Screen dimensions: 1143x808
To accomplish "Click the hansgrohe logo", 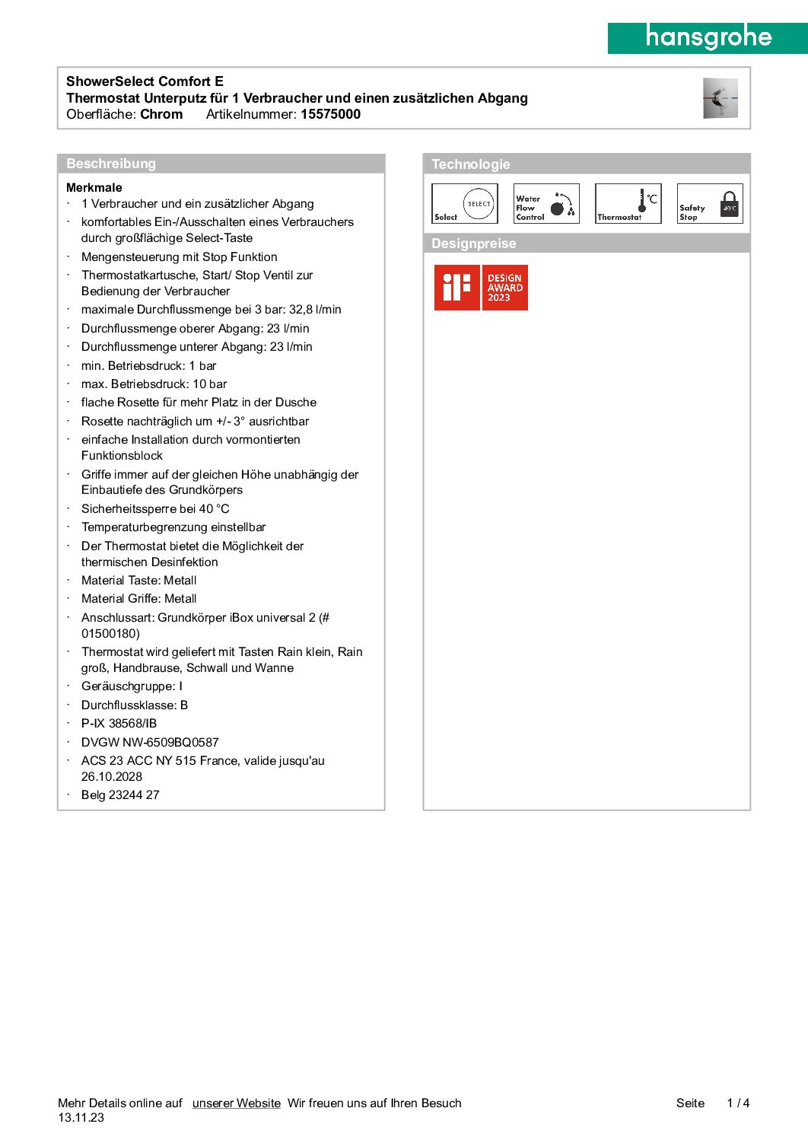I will [x=708, y=37].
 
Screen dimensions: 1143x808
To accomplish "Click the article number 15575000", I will [x=330, y=114].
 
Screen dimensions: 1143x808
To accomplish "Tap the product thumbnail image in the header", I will [x=720, y=98].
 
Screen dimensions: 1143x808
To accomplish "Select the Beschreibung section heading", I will [x=111, y=164].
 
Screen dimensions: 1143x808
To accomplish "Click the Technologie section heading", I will [x=470, y=164].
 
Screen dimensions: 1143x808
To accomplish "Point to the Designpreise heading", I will [x=473, y=244].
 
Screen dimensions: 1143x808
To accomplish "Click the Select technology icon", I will [x=465, y=204].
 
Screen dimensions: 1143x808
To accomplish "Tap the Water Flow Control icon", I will [x=546, y=204].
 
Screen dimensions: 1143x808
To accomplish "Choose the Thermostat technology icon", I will [x=628, y=204].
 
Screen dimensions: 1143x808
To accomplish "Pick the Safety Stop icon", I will [x=710, y=204].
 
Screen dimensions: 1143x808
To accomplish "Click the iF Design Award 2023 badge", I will [x=481, y=288].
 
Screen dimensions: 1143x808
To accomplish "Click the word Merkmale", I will [x=94, y=187].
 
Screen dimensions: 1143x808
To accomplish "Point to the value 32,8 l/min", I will [x=315, y=310].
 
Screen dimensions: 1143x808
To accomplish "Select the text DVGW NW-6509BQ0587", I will [x=150, y=742].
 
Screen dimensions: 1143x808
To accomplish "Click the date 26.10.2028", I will [x=112, y=776].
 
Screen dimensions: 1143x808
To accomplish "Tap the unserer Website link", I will [x=236, y=1103].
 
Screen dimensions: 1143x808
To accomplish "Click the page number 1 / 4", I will [x=738, y=1103].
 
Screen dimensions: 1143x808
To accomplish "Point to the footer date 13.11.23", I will [x=81, y=1117].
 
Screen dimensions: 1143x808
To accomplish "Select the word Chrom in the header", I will [x=161, y=114].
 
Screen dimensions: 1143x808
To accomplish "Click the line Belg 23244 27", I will [x=120, y=794].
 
